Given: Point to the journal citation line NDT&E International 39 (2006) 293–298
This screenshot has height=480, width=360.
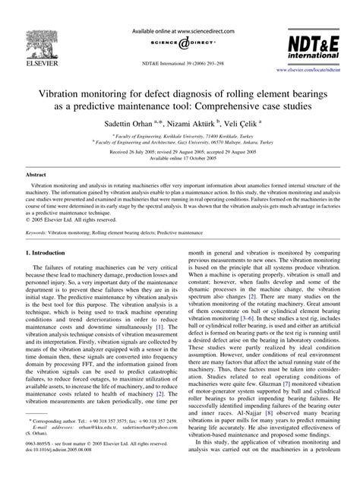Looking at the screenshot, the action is click(x=180, y=62).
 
